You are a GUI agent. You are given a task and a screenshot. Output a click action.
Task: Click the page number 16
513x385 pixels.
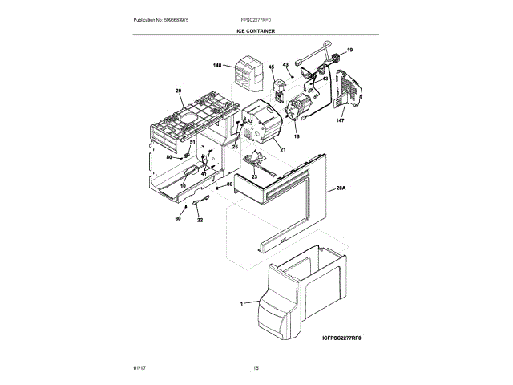pos(256,368)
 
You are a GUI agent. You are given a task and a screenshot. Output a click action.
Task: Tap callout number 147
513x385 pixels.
pos(339,120)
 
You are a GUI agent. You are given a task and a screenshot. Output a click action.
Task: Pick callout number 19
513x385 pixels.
pos(349,51)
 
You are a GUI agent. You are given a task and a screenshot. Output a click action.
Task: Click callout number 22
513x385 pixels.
pos(200,220)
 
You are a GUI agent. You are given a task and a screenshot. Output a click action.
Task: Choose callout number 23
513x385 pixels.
pos(253,176)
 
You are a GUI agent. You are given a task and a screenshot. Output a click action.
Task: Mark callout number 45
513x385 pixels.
pos(271,67)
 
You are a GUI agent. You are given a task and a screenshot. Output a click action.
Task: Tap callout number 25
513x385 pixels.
pos(236,147)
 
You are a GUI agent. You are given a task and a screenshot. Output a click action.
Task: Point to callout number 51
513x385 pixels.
pos(192,142)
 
